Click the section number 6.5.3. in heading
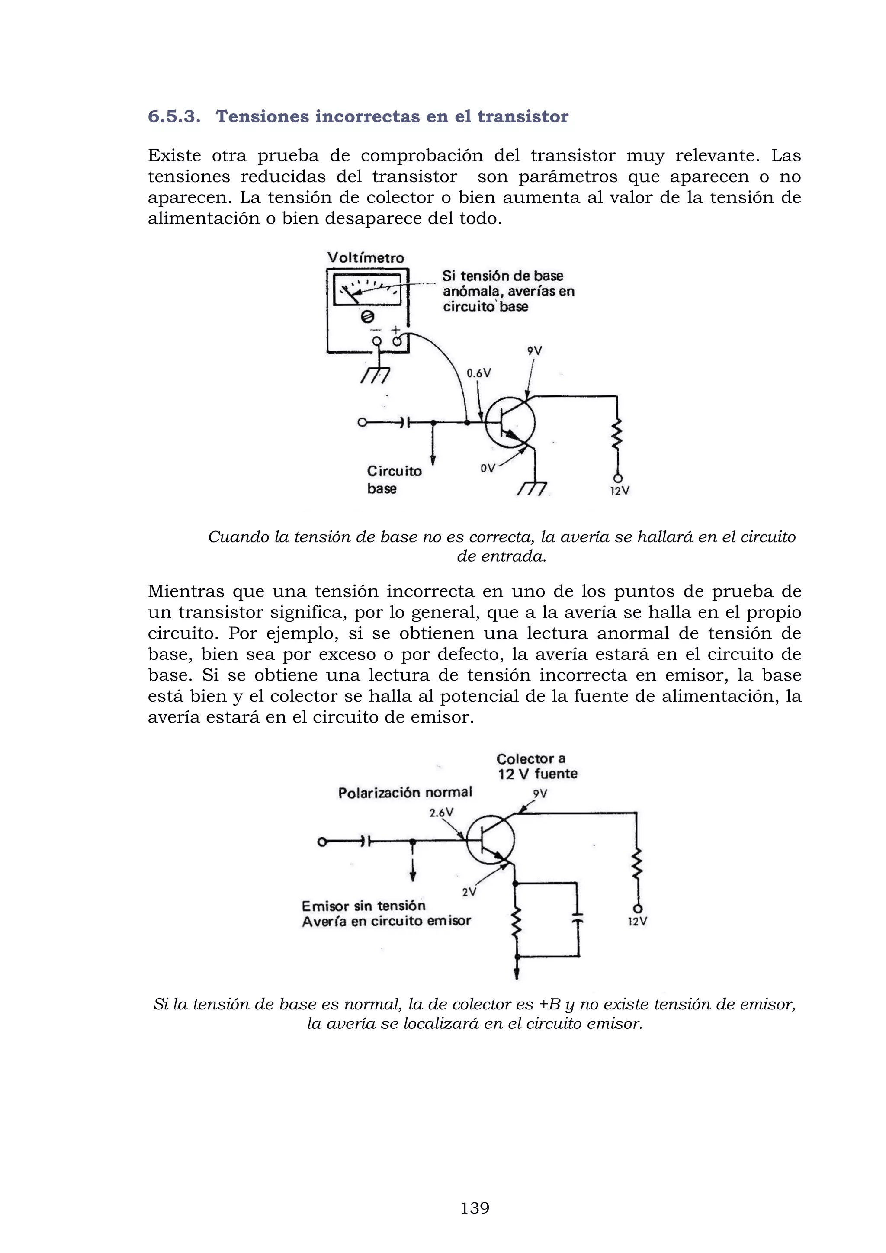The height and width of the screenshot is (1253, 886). pos(174,117)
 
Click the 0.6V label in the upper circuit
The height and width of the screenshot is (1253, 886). pos(478,373)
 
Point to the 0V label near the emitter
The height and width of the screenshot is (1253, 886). pos(488,468)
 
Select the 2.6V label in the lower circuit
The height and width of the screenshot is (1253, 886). pos(441,813)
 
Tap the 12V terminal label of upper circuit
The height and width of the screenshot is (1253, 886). pos(620,491)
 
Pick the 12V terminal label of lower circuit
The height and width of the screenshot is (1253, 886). pos(637,921)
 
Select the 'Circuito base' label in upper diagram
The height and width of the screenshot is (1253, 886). pos(394,479)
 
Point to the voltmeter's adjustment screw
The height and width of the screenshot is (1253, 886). pos(368,317)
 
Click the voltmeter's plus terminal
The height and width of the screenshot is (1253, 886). pos(397,342)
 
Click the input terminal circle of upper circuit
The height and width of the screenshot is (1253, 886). pos(362,422)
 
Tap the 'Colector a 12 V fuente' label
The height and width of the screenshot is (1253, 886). pos(537,766)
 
